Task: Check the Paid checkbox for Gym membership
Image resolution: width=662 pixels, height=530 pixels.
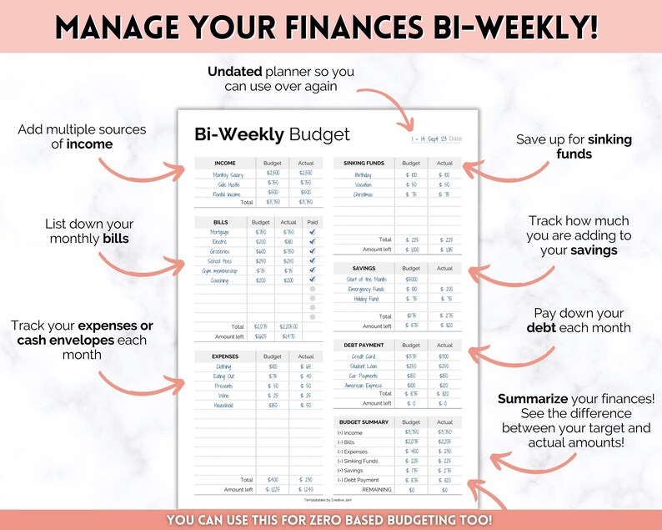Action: coord(312,270)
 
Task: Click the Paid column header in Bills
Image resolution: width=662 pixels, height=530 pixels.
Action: coord(312,222)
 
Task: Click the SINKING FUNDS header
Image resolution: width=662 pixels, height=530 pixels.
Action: coord(364,163)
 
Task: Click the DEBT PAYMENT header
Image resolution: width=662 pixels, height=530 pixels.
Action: coord(364,345)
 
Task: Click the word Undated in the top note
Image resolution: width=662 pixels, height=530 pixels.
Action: coord(236,72)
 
